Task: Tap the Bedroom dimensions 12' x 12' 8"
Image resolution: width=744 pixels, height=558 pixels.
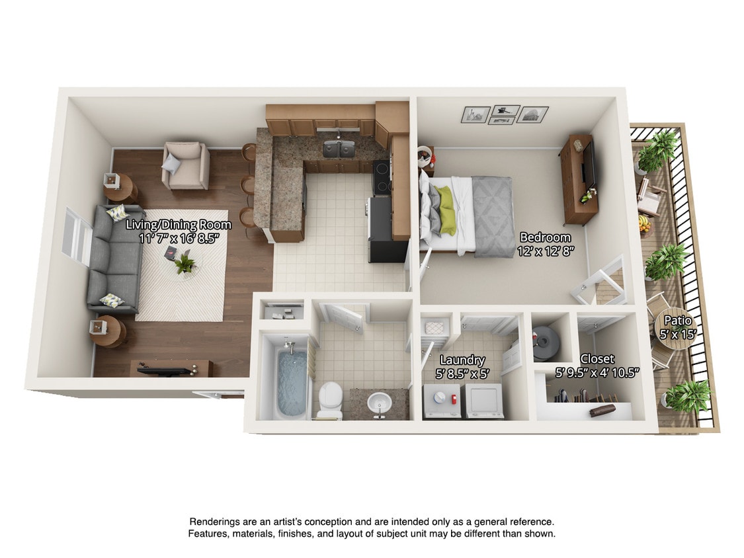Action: point(545,251)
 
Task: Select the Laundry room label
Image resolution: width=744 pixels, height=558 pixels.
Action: point(462,360)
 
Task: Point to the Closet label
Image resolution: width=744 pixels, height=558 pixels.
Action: point(597,359)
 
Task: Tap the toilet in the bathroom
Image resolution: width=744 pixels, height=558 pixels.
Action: point(329,401)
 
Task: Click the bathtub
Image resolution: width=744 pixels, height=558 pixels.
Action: point(291,383)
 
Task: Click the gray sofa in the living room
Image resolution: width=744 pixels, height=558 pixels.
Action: point(113,258)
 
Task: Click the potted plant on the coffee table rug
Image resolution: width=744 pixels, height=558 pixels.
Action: point(185,264)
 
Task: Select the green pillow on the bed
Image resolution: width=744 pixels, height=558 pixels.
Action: point(446,210)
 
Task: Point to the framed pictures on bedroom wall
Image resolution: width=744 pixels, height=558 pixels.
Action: point(505,114)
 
